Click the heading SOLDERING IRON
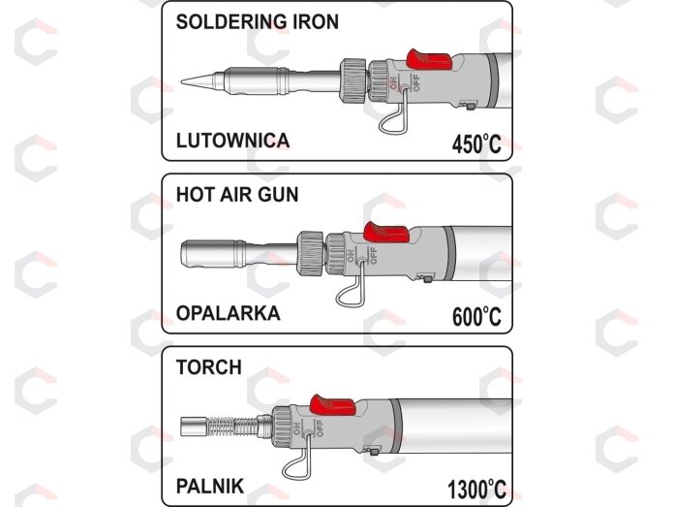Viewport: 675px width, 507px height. click(258, 22)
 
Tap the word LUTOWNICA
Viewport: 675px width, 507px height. click(232, 141)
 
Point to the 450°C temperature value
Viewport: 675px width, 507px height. click(476, 143)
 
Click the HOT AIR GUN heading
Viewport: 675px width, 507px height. click(237, 195)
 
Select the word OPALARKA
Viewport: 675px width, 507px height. click(229, 313)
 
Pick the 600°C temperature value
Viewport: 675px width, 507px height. click(476, 317)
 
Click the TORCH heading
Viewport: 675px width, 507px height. click(209, 367)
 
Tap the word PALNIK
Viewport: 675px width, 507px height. click(210, 487)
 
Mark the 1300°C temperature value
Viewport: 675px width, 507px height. click(476, 490)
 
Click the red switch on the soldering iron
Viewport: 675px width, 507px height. click(428, 60)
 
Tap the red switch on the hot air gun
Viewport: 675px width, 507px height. click(385, 233)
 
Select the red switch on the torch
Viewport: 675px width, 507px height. click(333, 406)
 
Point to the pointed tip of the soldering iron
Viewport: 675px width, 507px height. click(181, 81)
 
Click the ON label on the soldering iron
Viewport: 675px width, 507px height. click(393, 82)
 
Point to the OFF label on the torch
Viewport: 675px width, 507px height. click(321, 428)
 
